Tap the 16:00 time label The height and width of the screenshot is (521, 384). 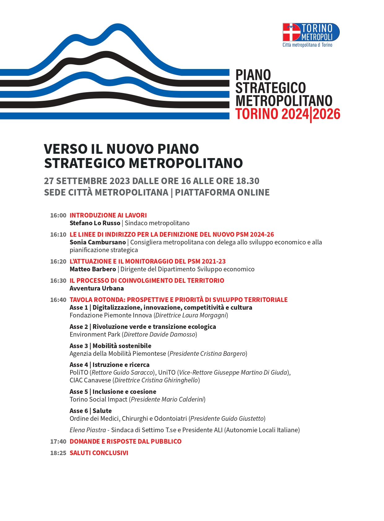coord(58,215)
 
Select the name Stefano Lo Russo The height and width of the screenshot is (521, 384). coord(95,223)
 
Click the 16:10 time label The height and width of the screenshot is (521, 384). coord(58,235)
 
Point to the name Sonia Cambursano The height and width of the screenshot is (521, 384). coord(97,242)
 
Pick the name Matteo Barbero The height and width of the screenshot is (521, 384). coord(93,269)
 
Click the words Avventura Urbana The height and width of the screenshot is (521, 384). coord(97,288)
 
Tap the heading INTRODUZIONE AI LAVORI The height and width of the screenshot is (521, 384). coord(108,215)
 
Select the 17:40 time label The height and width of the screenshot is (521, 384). coord(58,441)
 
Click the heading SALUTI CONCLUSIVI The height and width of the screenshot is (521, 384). coord(99,453)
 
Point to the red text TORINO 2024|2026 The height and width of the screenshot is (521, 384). coord(287,114)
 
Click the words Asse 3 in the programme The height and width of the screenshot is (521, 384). coord(79,346)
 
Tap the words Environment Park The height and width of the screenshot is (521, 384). coord(95,334)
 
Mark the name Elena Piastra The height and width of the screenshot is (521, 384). coord(88,430)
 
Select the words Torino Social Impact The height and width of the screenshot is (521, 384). coord(98,399)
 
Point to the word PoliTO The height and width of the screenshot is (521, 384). coord(79,372)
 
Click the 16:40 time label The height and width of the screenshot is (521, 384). coord(58,300)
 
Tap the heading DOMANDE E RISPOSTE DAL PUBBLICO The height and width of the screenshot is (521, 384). coord(125,441)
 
